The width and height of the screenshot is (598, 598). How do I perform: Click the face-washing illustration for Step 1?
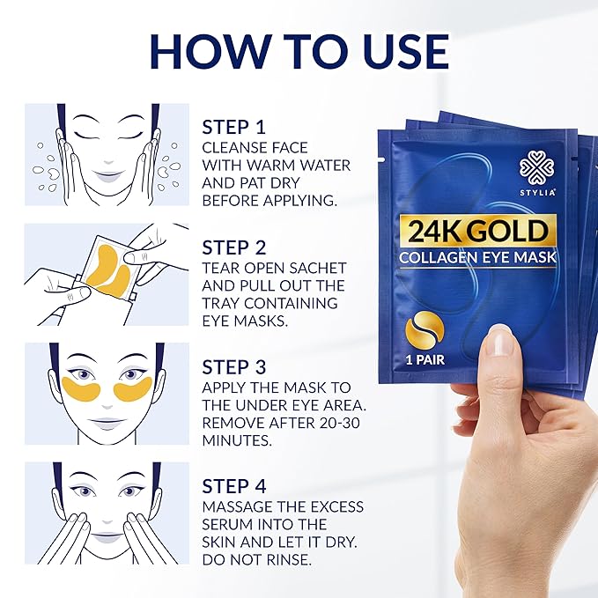tap(107, 154)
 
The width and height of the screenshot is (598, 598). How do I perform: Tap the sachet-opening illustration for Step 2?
tap(107, 274)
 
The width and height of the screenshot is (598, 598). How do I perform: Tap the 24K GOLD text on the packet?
tap(478, 232)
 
